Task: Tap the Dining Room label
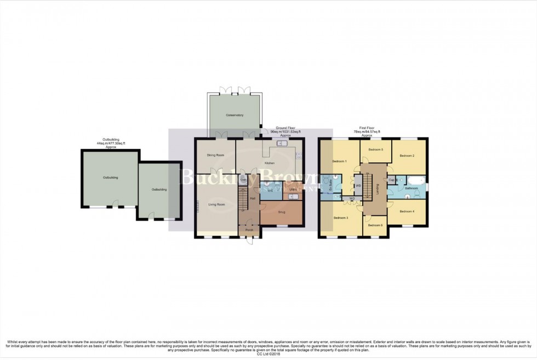215,155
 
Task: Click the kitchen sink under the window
283,144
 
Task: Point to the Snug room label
282,212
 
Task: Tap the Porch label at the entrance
249,230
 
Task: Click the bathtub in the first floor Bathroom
414,180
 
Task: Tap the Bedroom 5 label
375,150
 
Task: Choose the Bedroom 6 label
375,225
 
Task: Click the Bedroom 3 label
341,218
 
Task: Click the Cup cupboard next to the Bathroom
392,180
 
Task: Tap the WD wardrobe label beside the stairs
358,186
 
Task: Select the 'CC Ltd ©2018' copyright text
268,355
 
